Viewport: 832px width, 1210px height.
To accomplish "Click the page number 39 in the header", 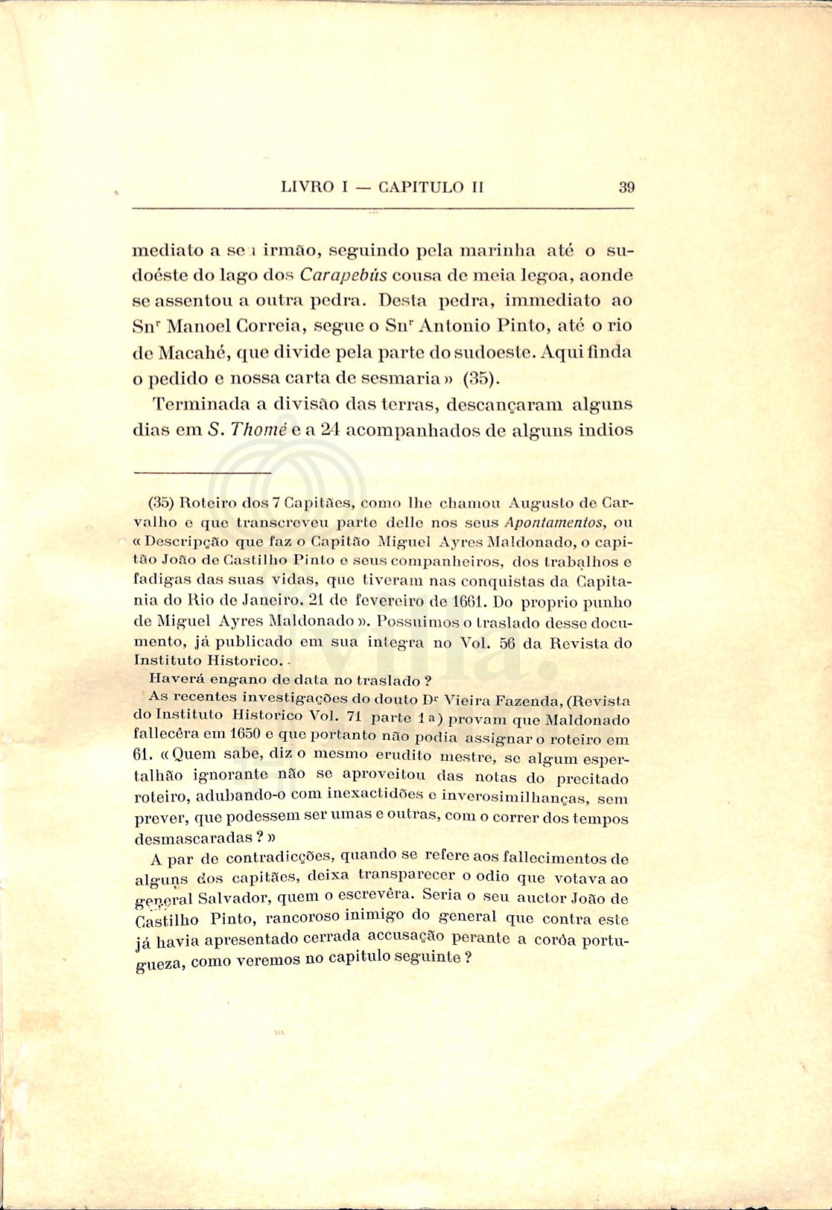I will click(x=626, y=187).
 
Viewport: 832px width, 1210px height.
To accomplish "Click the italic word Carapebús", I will click(x=343, y=275).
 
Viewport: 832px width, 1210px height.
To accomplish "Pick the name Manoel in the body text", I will click(x=195, y=326).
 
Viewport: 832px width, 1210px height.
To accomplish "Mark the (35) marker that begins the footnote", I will click(x=162, y=502).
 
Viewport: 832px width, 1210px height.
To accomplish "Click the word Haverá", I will click(x=176, y=678).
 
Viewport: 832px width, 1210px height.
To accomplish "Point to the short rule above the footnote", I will click(x=202, y=472).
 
